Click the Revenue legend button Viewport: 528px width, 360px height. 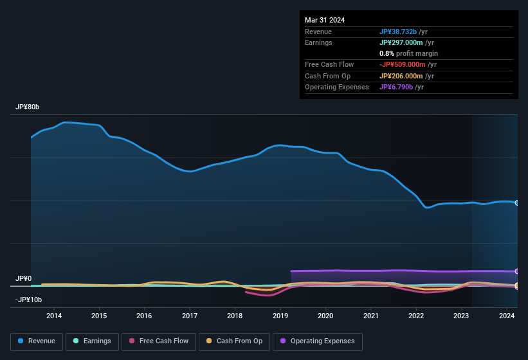tap(37, 341)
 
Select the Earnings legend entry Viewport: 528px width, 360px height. tap(92, 341)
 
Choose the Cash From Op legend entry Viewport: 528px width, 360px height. tap(234, 341)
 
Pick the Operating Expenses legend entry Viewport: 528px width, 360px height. tap(317, 341)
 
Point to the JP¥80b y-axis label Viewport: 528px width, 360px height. tap(28, 107)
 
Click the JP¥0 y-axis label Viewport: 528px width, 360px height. tap(23, 278)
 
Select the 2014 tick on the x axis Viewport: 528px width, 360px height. tap(54, 316)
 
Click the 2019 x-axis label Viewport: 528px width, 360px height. tap(280, 316)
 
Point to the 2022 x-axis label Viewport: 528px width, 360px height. tap(416, 316)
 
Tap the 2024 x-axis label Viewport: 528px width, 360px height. tap(507, 316)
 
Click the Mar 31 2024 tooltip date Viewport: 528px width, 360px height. tap(325, 20)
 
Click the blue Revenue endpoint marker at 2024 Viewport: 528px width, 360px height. tap(517, 203)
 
